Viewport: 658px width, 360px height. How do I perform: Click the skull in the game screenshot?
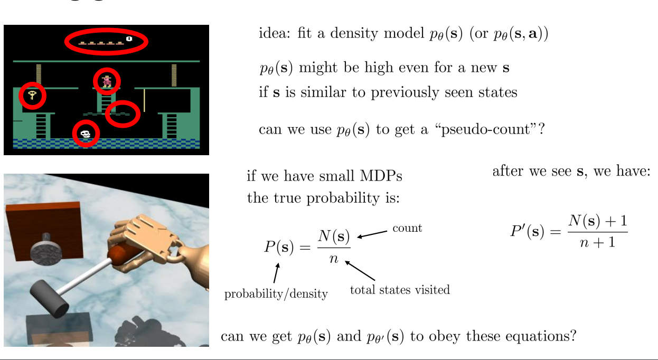[x=86, y=134]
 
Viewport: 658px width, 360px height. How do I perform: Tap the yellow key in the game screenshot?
[x=32, y=96]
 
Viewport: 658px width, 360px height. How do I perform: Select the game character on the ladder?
[x=107, y=81]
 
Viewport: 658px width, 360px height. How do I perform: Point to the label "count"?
[x=407, y=229]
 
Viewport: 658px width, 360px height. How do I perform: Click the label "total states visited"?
[x=400, y=289]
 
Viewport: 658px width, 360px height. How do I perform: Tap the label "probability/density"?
[x=276, y=294]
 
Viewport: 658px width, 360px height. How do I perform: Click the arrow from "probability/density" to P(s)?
[x=276, y=273]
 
